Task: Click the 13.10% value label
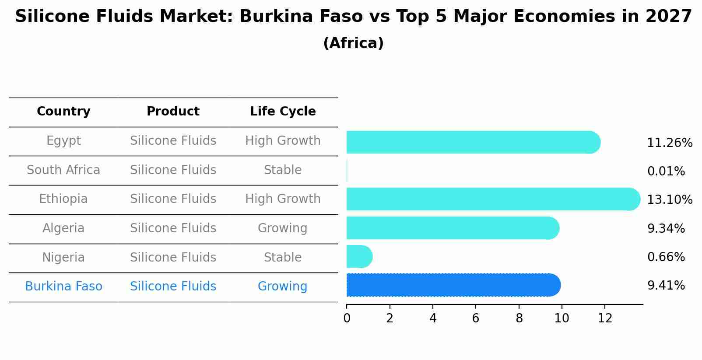669,200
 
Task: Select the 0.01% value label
666,171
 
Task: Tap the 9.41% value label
666,286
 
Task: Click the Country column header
63,112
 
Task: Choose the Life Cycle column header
283,112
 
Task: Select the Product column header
173,112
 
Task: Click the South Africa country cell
63,170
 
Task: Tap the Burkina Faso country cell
63,287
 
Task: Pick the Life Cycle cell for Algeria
283,228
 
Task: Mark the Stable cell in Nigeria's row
283,257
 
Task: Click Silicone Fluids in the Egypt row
173,141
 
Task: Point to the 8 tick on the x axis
519,318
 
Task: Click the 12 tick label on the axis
605,318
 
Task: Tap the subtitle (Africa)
353,43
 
